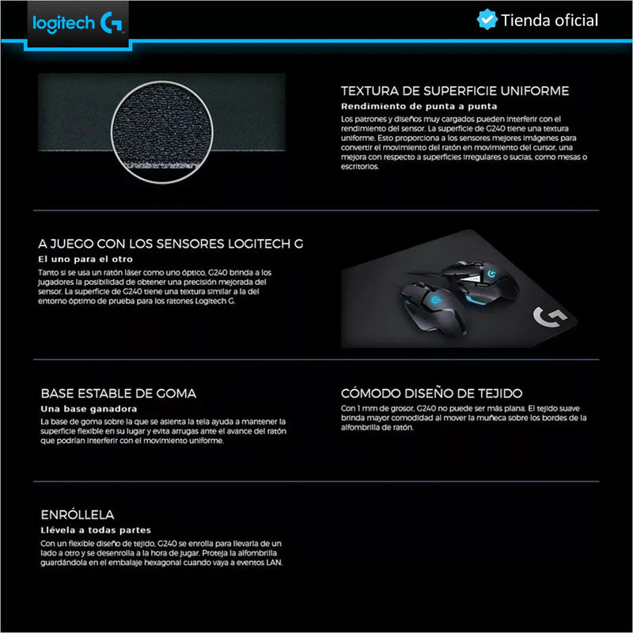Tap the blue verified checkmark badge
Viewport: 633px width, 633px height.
tap(487, 20)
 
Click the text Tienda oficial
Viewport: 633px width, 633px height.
tap(549, 21)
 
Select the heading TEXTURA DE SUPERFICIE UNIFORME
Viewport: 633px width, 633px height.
tap(454, 91)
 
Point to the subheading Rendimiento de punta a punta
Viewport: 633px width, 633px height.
tap(419, 105)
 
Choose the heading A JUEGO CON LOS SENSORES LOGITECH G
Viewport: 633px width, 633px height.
tap(170, 244)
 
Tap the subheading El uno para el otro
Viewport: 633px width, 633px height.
tap(85, 259)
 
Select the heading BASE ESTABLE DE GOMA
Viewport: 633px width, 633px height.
tap(119, 393)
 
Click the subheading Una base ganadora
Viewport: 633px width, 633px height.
tap(84, 408)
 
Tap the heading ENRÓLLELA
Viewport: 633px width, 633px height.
tap(78, 514)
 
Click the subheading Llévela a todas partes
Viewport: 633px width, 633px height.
tap(95, 529)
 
